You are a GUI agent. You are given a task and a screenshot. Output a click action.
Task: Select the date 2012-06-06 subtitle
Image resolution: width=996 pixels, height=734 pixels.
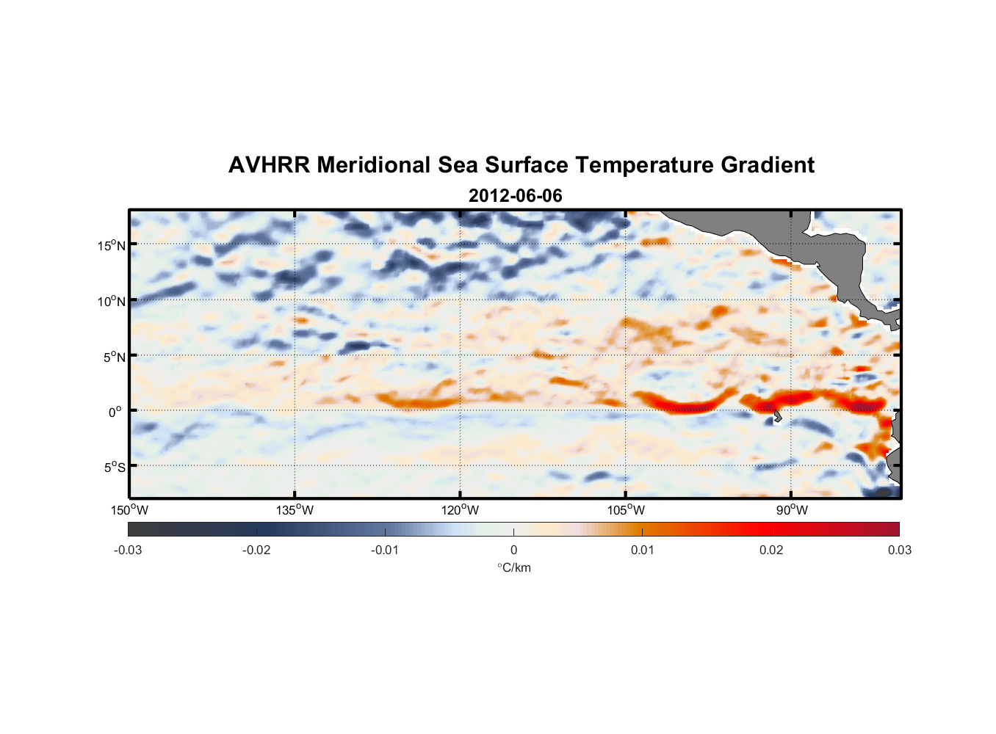tap(515, 196)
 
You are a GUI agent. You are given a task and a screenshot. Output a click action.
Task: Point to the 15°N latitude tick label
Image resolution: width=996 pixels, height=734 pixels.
tap(111, 245)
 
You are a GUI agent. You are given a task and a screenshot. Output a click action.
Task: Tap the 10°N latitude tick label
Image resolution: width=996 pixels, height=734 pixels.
tap(111, 301)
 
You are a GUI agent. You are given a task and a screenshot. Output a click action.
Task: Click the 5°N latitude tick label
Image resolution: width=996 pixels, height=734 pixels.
tap(114, 357)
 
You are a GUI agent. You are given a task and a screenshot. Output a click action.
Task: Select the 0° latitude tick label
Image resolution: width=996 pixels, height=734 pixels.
tap(115, 412)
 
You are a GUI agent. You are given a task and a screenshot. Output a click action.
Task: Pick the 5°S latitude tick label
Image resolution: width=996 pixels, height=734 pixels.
tap(114, 467)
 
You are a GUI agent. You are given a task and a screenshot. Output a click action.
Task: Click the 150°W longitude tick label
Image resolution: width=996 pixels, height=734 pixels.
tap(129, 510)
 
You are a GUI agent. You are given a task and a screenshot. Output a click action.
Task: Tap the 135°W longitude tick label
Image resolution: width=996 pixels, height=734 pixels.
tap(295, 510)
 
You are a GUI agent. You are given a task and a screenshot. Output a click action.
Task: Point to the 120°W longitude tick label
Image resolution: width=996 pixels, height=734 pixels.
tap(460, 510)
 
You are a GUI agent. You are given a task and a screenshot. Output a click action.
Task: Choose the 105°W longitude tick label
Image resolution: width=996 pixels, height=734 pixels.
tap(626, 510)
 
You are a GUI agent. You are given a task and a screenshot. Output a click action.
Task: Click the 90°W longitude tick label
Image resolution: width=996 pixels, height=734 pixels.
tap(792, 510)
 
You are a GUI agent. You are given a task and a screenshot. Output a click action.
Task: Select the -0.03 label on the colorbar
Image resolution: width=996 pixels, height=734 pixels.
tap(128, 550)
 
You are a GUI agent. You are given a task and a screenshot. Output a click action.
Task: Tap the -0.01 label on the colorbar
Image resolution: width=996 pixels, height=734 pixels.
tap(385, 550)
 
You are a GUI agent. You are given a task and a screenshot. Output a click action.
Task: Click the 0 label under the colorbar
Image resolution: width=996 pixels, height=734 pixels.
tap(513, 550)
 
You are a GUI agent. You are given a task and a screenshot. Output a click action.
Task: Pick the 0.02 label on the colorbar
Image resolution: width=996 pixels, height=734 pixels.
tap(771, 550)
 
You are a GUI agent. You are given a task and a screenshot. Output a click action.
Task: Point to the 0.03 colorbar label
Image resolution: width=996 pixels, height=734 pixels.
tap(899, 550)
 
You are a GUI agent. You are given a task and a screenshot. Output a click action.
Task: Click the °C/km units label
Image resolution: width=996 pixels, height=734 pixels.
tap(513, 567)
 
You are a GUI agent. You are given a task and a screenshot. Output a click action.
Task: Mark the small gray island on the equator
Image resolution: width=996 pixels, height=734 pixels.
tap(777, 417)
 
